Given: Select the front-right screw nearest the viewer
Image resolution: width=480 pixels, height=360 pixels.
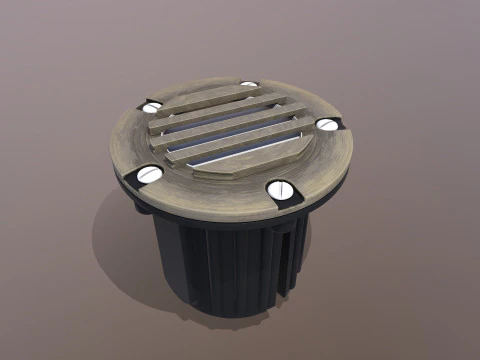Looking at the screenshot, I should [x=281, y=190].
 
